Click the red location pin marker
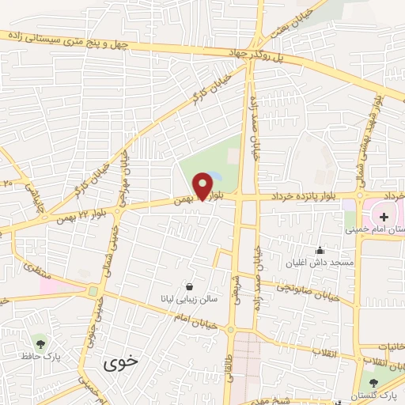coord(203,186)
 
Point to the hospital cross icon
coord(384,216)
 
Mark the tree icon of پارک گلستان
coord(374,382)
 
